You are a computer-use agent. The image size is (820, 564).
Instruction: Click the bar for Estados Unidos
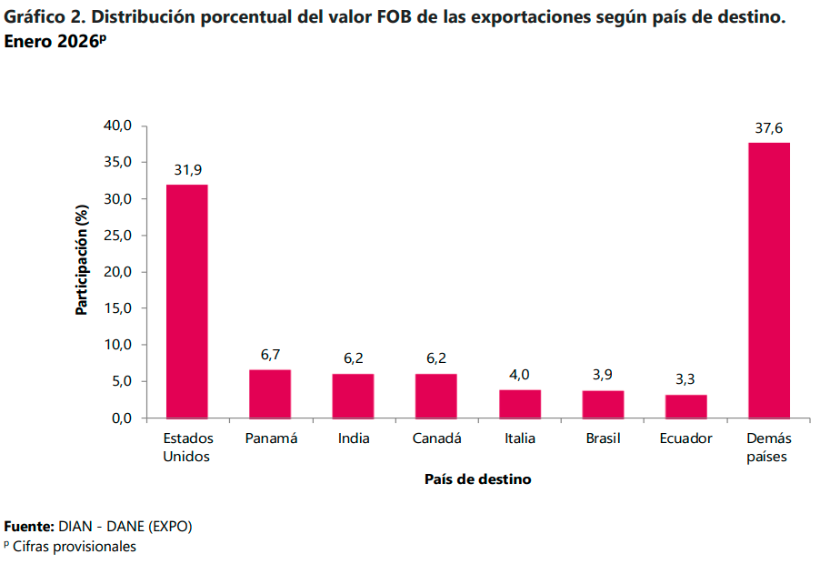(x=186, y=301)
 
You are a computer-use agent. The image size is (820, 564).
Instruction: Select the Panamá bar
(x=270, y=394)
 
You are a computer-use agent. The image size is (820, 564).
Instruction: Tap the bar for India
(x=353, y=396)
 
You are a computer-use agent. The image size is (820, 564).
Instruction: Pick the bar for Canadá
(x=436, y=396)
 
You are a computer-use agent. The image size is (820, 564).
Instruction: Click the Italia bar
(x=520, y=404)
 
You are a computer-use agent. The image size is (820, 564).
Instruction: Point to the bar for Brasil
(x=603, y=404)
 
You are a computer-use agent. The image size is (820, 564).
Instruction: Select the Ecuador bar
(x=686, y=407)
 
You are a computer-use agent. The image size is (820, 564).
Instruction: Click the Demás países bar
(x=769, y=280)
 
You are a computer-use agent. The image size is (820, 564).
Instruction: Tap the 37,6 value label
(x=769, y=128)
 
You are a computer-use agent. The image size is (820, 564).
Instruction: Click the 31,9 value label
(x=187, y=170)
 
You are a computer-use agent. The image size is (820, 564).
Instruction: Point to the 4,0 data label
(x=520, y=374)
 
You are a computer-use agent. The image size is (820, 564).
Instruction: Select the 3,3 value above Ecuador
(x=686, y=379)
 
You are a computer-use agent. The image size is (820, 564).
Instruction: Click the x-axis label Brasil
(x=603, y=438)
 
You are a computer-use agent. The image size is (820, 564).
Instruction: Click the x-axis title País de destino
(x=477, y=478)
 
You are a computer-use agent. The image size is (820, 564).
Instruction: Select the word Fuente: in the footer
(x=29, y=527)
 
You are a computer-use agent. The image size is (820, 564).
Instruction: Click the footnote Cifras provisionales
(x=74, y=547)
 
